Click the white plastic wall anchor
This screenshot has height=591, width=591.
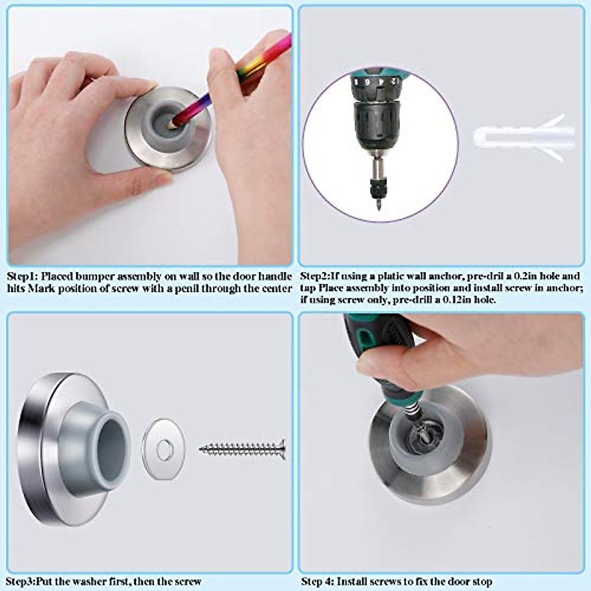pos(522,138)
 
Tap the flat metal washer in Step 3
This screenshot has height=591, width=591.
pos(164,449)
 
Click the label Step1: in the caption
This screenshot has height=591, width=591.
pos(23,276)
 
